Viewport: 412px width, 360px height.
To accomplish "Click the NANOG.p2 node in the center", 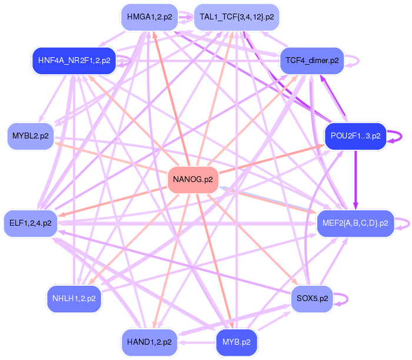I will tap(193, 180).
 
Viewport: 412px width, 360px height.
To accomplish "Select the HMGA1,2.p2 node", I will tap(149, 17).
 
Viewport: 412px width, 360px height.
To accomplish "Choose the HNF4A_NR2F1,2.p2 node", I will tap(74, 61).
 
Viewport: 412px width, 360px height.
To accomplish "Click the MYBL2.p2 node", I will tap(30, 136).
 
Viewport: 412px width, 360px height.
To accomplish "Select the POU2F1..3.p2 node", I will tap(355, 136).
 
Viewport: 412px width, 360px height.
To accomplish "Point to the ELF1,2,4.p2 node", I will tap(30, 223).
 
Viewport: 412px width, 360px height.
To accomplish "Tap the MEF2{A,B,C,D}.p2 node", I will tap(355, 223).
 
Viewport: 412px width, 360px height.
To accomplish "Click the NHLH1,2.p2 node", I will tap(74, 299).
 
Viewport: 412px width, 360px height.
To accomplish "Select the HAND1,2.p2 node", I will tap(149, 342).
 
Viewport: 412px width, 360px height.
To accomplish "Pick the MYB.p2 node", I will tap(236, 342).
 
